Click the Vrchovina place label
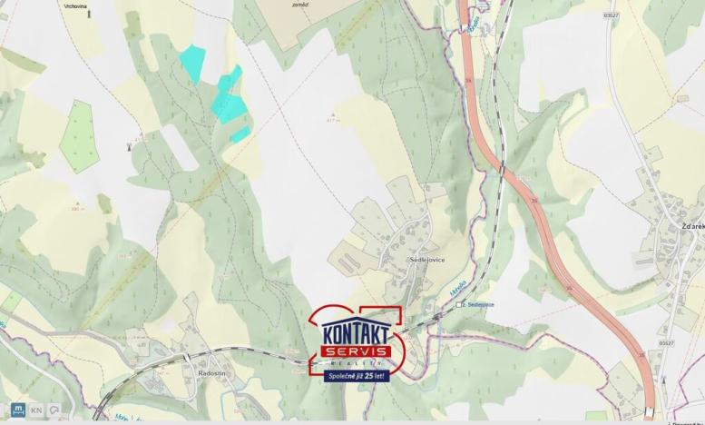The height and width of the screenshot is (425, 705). click(x=76, y=5)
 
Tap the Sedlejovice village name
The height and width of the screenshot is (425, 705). click(x=426, y=260)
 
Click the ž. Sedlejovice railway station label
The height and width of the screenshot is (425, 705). click(x=478, y=304)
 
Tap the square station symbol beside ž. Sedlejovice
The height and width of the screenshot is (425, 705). click(x=460, y=304)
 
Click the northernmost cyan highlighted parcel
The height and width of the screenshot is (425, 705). click(x=191, y=62)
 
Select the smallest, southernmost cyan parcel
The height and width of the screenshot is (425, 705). click(x=240, y=134)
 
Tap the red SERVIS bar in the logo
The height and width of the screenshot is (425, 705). click(x=356, y=351)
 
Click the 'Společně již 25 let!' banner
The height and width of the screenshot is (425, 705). click(x=356, y=375)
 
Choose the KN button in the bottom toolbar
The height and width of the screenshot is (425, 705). click(x=36, y=410)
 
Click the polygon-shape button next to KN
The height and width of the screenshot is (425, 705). click(x=54, y=410)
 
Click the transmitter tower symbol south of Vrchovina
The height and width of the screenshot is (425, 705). click(x=129, y=143)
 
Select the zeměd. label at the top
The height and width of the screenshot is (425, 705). click(x=300, y=5)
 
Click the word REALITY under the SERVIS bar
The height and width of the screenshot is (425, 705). click(x=356, y=362)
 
